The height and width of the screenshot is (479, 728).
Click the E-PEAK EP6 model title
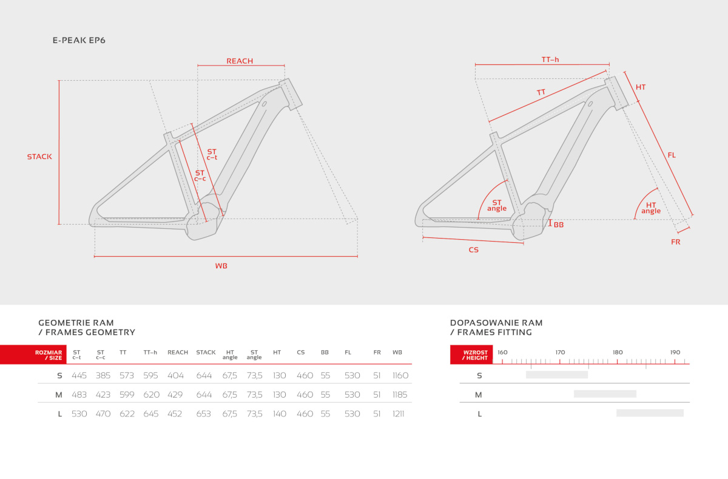(79, 40)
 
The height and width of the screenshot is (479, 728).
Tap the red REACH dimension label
(240, 61)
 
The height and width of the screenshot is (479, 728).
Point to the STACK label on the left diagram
(39, 157)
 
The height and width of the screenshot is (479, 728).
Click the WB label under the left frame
(221, 266)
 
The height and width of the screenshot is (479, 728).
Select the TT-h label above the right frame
(550, 59)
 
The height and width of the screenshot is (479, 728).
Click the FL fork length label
(672, 155)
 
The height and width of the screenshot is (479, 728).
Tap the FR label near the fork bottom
(676, 242)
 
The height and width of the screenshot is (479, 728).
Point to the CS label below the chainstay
(474, 250)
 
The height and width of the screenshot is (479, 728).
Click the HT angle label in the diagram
(650, 208)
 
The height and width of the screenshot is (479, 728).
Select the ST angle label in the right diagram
(497, 206)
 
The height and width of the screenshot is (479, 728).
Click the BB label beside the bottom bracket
(558, 225)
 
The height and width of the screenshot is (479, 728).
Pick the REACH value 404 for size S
(175, 376)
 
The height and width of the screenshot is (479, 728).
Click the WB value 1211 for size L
(398, 414)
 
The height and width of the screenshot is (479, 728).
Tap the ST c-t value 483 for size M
(79, 395)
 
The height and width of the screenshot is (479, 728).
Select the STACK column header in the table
(206, 353)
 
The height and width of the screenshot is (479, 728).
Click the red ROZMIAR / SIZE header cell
(33, 355)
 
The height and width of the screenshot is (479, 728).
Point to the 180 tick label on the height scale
(618, 353)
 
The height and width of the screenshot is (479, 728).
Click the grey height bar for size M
(605, 394)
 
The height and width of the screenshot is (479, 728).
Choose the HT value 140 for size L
(280, 414)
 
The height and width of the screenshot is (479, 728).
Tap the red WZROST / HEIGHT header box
(471, 355)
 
